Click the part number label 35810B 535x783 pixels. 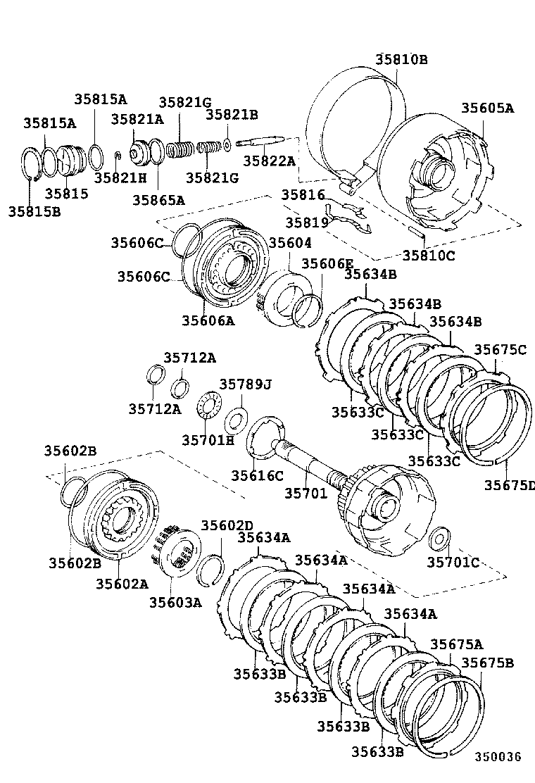[x=401, y=59]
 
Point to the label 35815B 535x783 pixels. [x=34, y=210]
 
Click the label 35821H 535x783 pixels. [x=120, y=177]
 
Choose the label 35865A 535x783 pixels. [x=158, y=200]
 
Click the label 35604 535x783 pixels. [x=289, y=243]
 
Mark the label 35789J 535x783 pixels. [x=245, y=384]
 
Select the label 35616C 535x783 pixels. [x=257, y=475]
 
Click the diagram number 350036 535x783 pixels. [x=497, y=757]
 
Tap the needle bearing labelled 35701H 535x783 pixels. [x=208, y=407]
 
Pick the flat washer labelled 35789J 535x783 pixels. [x=234, y=422]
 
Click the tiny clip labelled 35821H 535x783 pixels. [x=118, y=156]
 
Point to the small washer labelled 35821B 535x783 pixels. [x=228, y=146]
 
